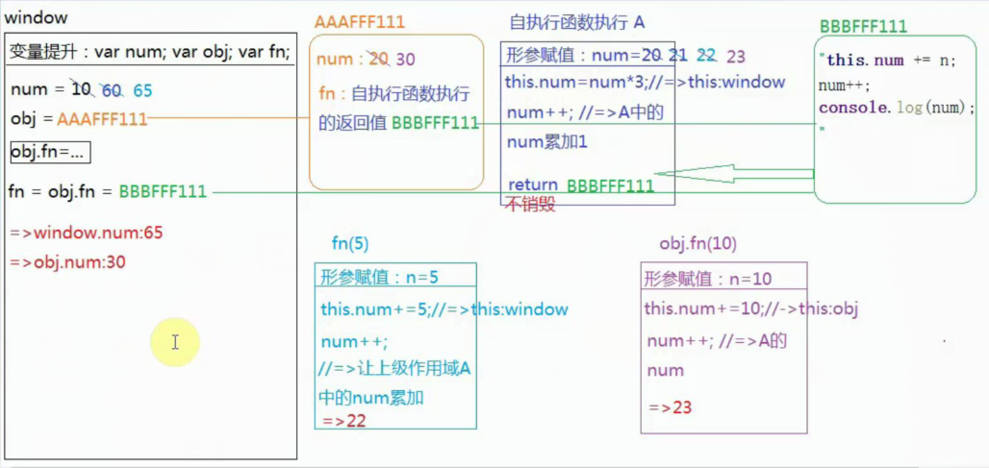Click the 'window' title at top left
point(37,18)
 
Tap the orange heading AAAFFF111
point(360,21)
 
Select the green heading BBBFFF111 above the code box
point(863,26)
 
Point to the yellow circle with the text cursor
point(174,342)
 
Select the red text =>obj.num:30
point(68,262)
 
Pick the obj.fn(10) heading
point(697,243)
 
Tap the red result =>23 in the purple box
point(671,407)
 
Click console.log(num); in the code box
point(897,108)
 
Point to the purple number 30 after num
point(405,60)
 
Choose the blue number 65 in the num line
point(142,90)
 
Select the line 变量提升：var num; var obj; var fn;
point(149,52)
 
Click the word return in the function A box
point(533,185)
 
